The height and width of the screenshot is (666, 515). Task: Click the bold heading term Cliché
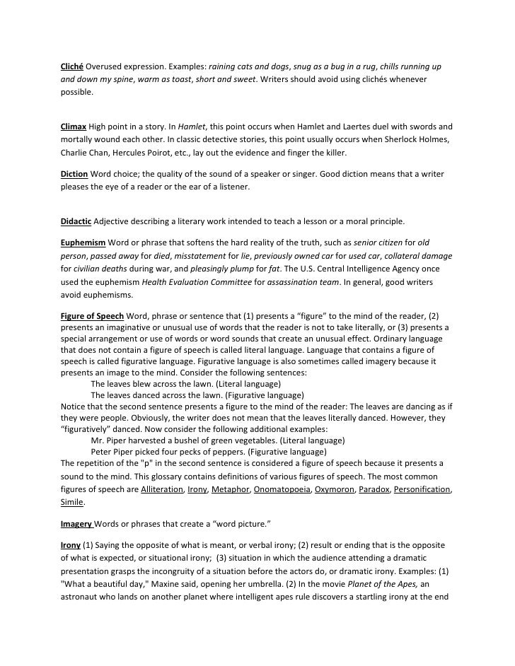[x=72, y=66]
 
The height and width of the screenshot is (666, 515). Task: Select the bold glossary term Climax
[x=74, y=127]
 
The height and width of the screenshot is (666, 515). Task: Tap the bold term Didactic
[x=76, y=221]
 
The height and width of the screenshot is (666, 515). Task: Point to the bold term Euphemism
[x=83, y=241]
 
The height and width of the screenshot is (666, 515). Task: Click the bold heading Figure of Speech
[x=92, y=315]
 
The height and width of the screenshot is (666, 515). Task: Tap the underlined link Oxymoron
[x=335, y=489]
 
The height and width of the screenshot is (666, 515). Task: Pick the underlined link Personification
[x=422, y=489]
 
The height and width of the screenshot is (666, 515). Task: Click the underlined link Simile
[x=71, y=503]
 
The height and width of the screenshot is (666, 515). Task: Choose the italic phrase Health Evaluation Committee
[x=192, y=282]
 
